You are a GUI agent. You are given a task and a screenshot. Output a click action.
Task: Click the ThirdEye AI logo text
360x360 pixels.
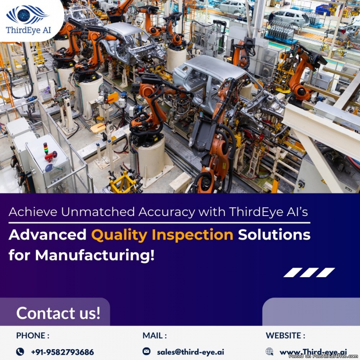pos(28,30)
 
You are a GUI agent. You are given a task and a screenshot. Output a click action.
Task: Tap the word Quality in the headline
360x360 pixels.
pos(119,235)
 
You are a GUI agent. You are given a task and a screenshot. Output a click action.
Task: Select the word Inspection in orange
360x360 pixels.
pos(192,235)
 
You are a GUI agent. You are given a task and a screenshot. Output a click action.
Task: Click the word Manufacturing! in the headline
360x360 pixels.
pos(94,255)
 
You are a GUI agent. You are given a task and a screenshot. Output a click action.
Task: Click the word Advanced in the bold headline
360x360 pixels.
pos(48,235)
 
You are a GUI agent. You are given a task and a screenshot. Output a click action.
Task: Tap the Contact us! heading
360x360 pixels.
pos(58,313)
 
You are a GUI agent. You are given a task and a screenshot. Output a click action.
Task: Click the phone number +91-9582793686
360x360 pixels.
pos(62,352)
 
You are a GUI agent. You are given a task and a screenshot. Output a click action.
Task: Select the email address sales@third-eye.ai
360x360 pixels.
pos(190,352)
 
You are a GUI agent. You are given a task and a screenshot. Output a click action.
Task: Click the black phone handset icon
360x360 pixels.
pos(20,352)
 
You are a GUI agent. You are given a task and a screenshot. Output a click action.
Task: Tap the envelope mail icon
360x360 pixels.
pos(146,351)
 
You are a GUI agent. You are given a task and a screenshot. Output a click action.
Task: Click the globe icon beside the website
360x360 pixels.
pos(270,352)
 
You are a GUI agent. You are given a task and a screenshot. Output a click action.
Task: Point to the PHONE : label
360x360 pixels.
pos(33,336)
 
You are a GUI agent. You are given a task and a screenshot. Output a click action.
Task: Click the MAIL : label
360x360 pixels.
pos(154,336)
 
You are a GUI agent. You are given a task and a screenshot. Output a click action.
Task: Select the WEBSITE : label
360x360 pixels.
pos(285,336)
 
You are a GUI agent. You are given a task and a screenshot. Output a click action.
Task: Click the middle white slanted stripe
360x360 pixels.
pos(309,272)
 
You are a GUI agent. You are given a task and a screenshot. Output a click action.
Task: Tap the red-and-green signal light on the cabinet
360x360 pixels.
pos(46,148)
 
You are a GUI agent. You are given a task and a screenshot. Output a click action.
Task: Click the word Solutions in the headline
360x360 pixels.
pos(274,235)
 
